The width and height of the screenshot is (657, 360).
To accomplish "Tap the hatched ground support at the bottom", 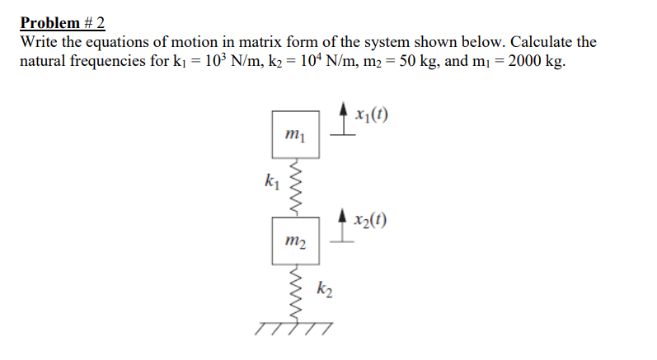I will pos(295,328).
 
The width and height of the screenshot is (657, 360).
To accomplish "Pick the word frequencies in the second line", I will pos(112,63).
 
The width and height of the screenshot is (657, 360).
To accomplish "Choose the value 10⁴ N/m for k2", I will pos(317,63).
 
